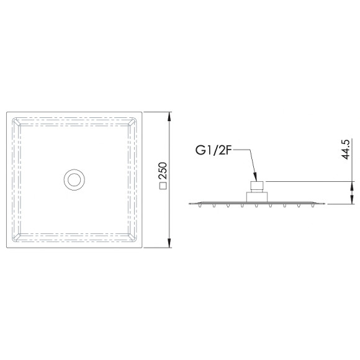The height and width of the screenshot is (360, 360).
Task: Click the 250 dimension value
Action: point(163,171)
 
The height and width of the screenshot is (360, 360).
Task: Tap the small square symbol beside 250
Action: point(163,186)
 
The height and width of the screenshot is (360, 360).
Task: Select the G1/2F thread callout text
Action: point(213,150)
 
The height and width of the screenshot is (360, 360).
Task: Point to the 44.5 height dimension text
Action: point(346,149)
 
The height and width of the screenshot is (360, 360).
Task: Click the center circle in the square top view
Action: point(74,179)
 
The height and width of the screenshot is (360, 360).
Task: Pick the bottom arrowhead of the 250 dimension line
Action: point(169,243)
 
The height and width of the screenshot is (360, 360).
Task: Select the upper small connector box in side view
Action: point(257,187)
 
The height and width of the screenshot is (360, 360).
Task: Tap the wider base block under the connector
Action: point(257,197)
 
